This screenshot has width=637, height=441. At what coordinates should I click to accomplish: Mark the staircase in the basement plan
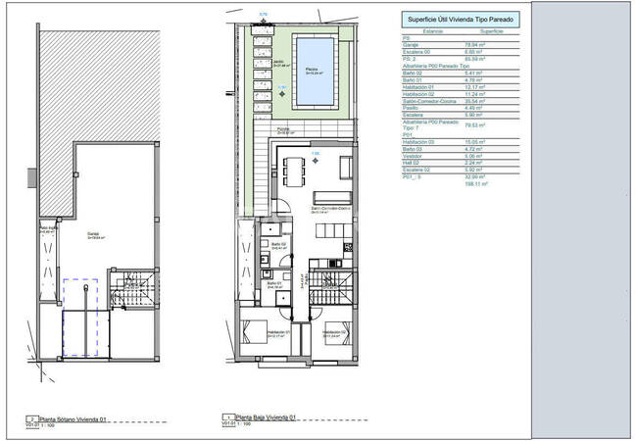(x=126, y=289)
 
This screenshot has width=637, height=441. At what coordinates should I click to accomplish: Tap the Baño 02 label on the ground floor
(x=277, y=243)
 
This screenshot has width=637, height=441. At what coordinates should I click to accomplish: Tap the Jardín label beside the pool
(x=278, y=62)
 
